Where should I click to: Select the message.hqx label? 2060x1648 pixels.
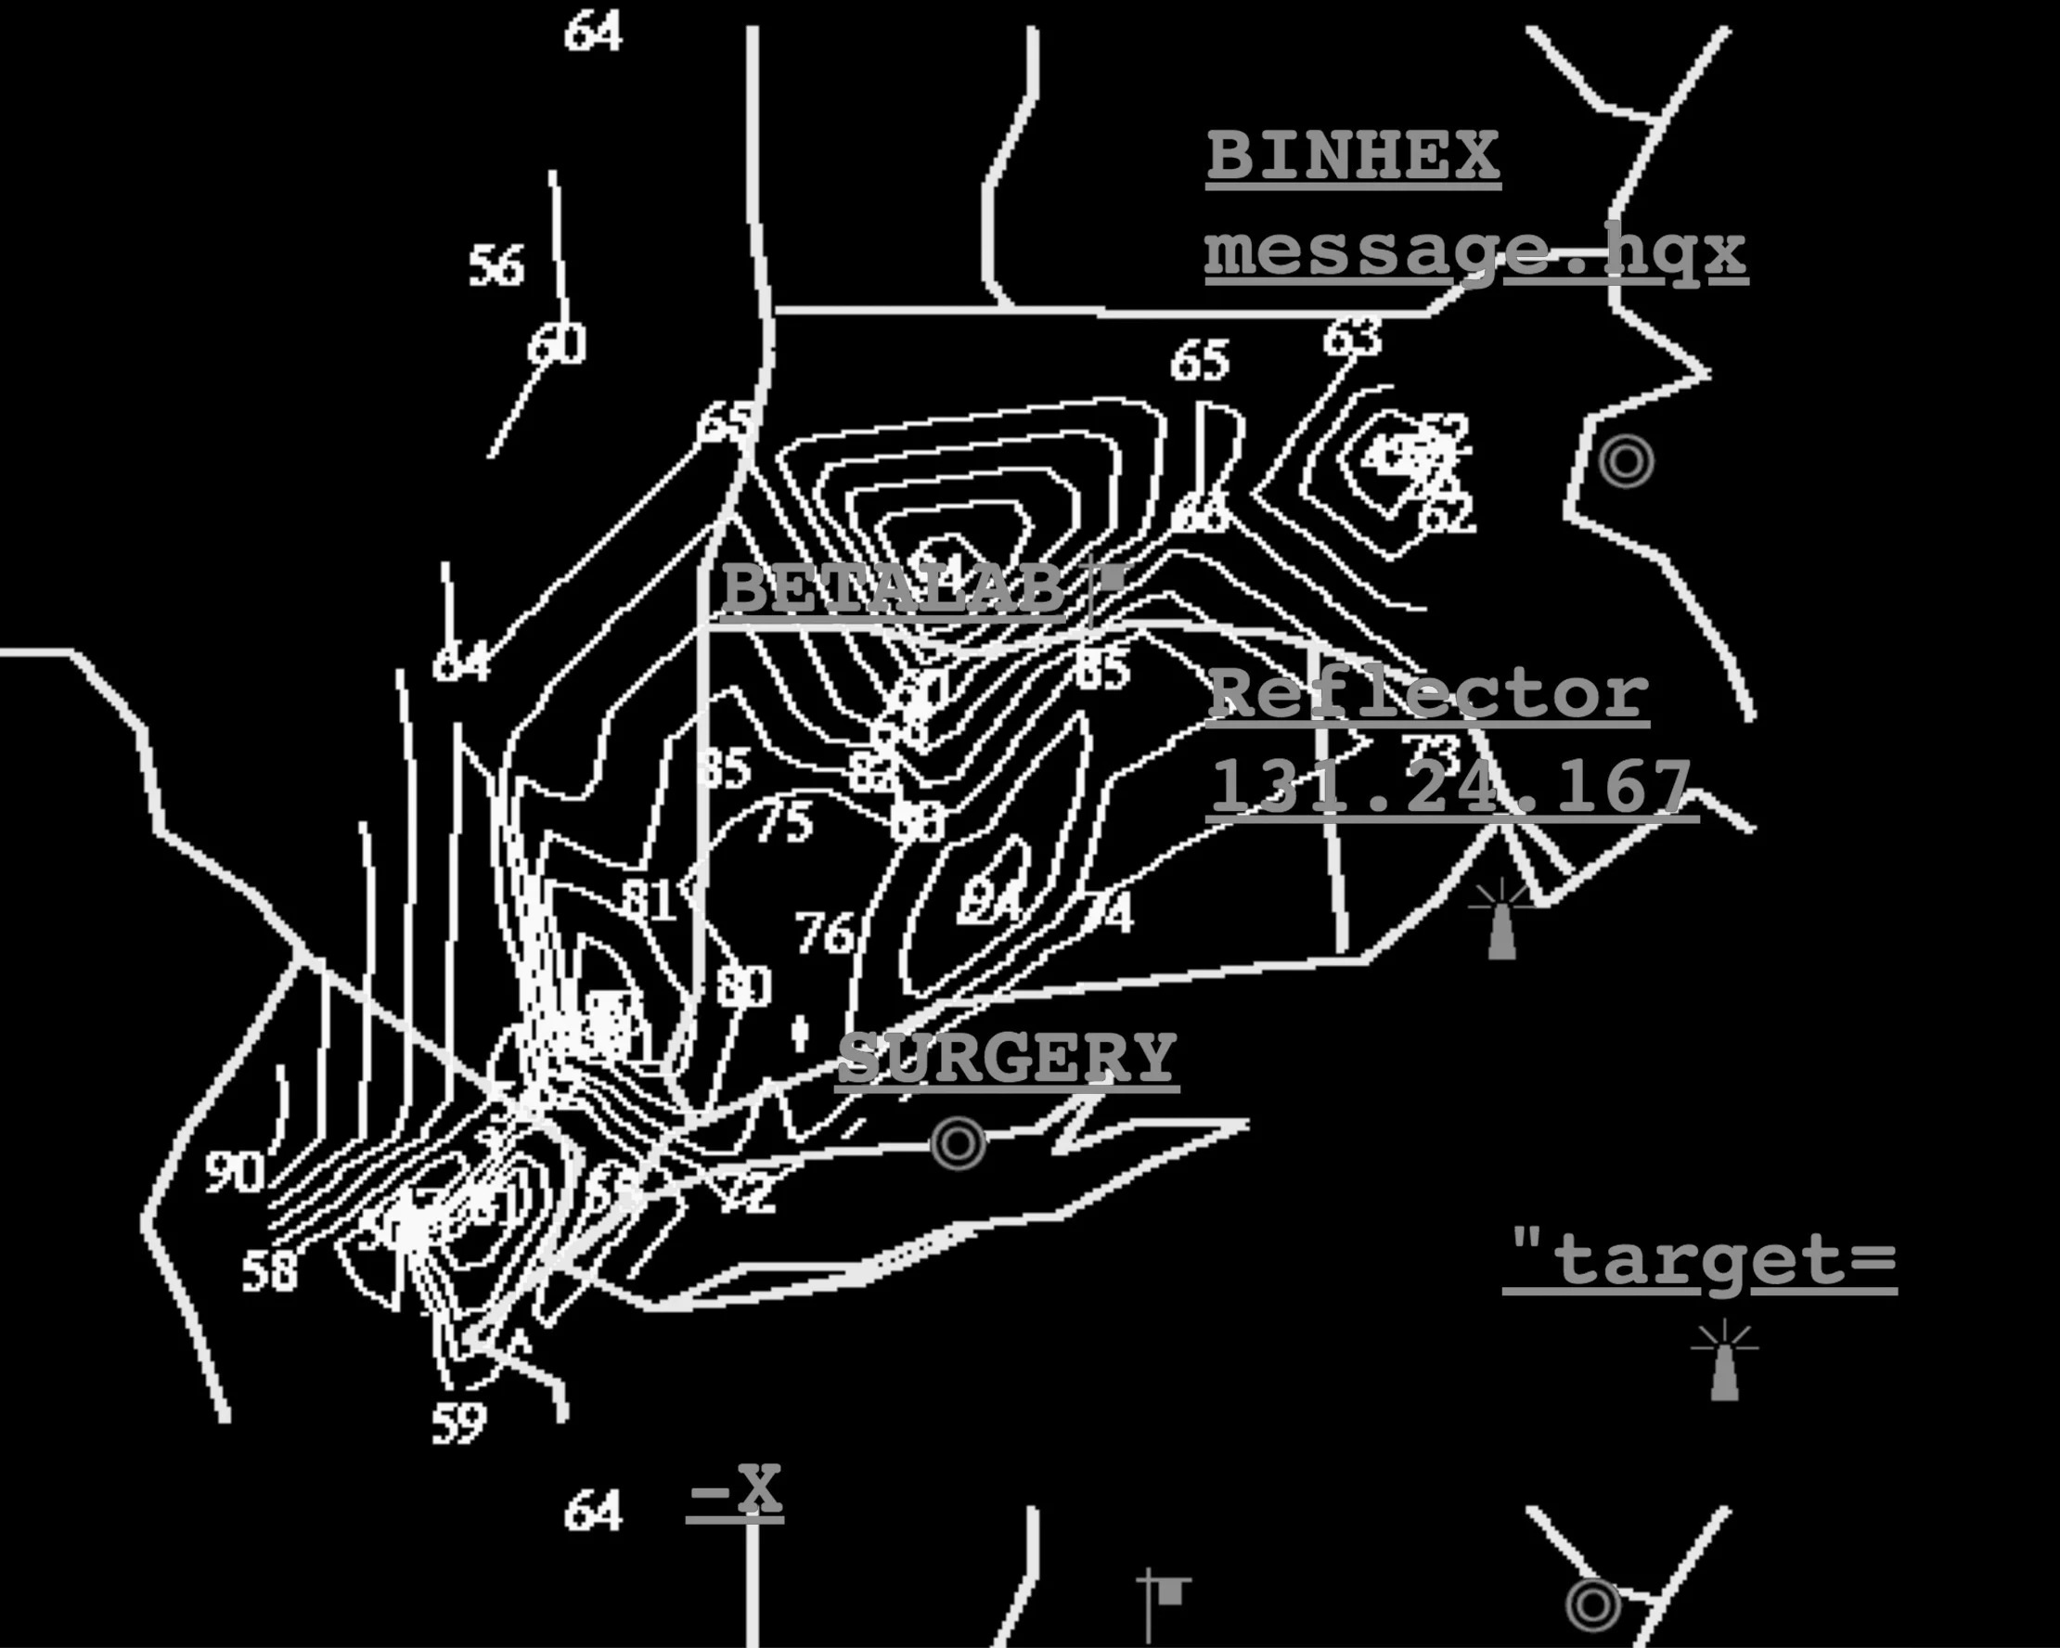[1475, 252]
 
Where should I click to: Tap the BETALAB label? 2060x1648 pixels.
[893, 587]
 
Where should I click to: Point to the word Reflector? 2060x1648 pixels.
[1427, 693]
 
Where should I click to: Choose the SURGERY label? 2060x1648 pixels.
[1007, 1058]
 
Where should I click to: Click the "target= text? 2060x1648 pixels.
[1699, 1259]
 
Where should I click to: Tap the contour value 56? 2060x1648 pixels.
[496, 265]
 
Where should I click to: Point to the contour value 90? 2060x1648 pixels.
[234, 1171]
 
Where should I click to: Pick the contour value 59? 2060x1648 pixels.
[458, 1423]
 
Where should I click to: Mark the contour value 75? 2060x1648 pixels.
[784, 821]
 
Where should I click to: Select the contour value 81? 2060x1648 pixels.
[649, 899]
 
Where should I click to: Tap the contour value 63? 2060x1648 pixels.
[1352, 337]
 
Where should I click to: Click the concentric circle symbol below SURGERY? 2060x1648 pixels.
[958, 1142]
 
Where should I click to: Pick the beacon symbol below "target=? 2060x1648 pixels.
[1724, 1362]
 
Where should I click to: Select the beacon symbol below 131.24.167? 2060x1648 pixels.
[1501, 920]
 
